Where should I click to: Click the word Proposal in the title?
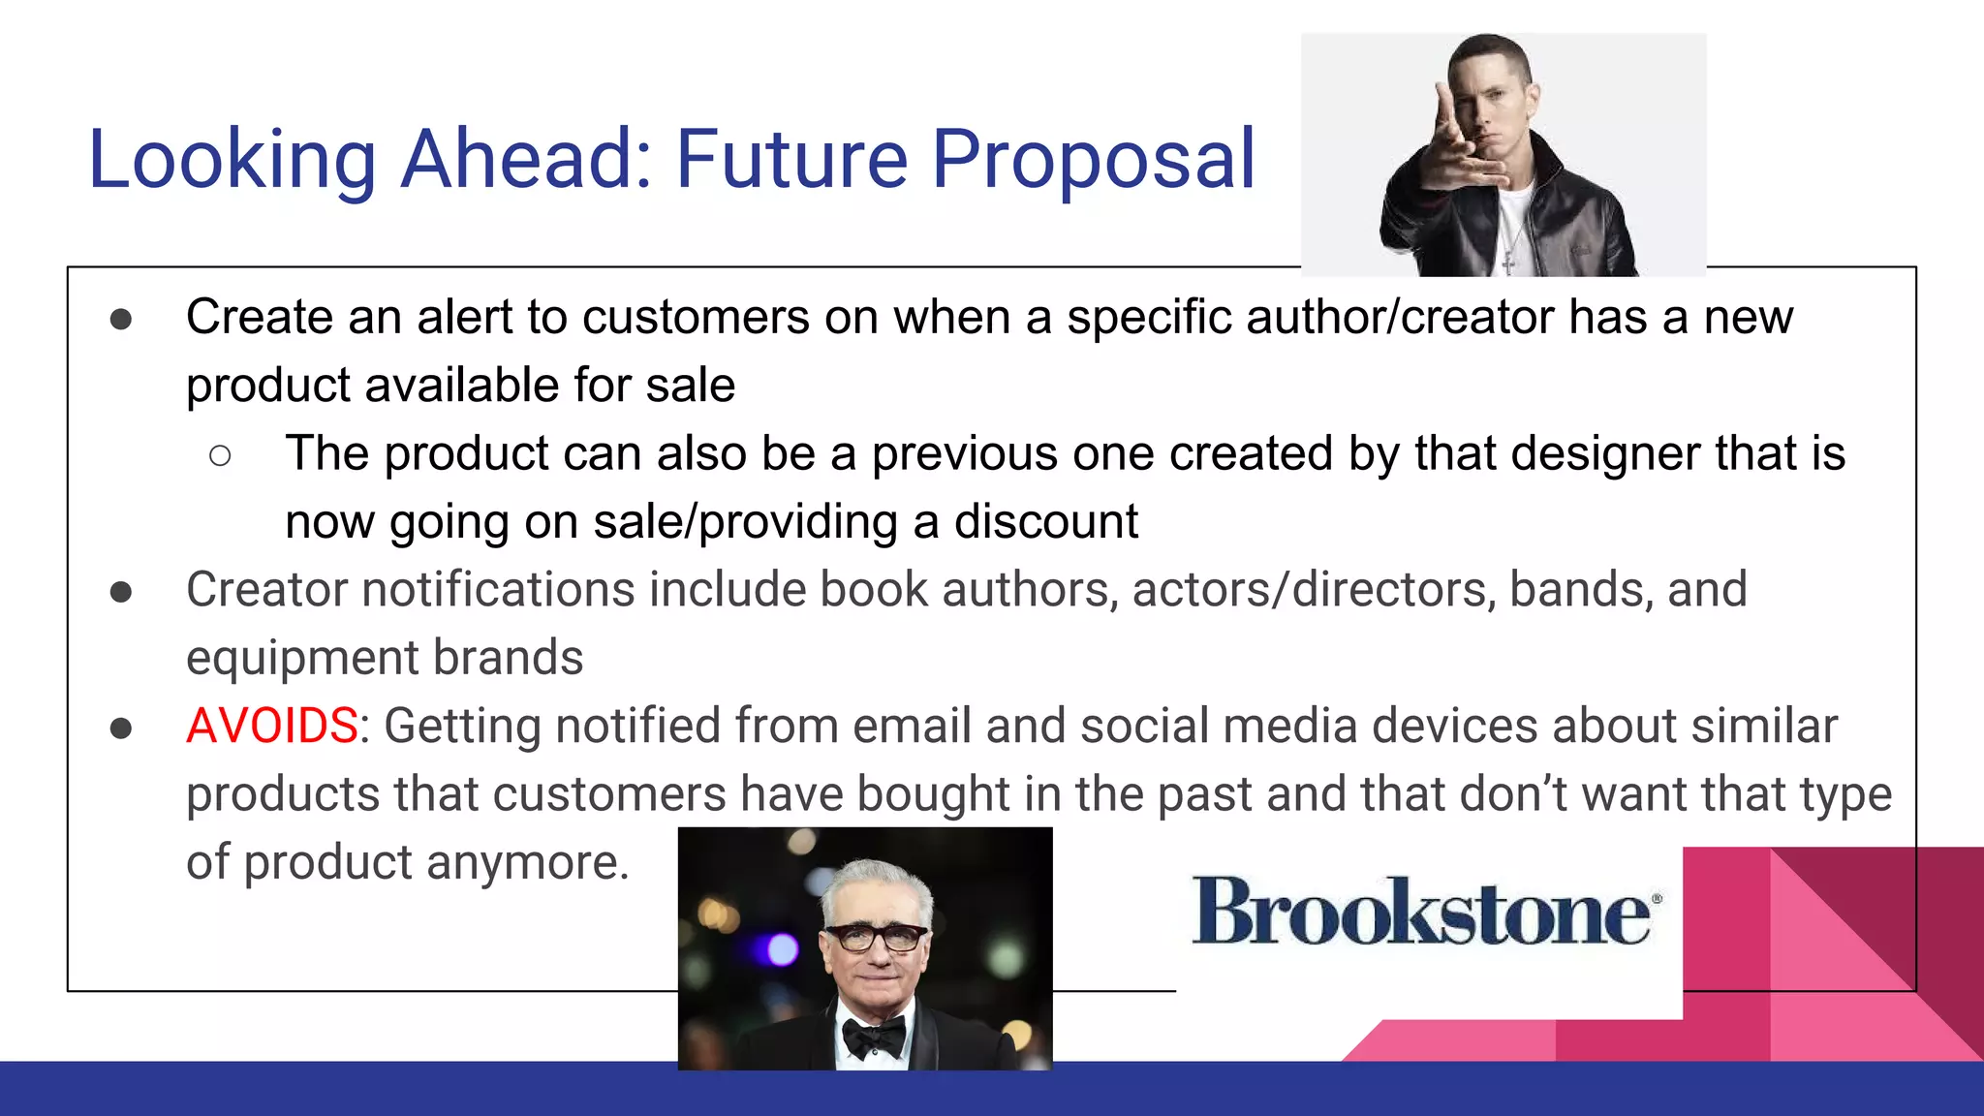[x=1093, y=160]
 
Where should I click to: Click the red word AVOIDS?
[x=272, y=726]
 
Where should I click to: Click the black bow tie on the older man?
[x=874, y=1038]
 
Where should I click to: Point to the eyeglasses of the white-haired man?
[x=875, y=937]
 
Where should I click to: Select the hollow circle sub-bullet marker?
[x=220, y=455]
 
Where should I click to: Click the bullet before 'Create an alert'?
[x=121, y=319]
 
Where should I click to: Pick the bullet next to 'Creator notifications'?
[x=121, y=591]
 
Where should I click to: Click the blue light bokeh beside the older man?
[x=781, y=950]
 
